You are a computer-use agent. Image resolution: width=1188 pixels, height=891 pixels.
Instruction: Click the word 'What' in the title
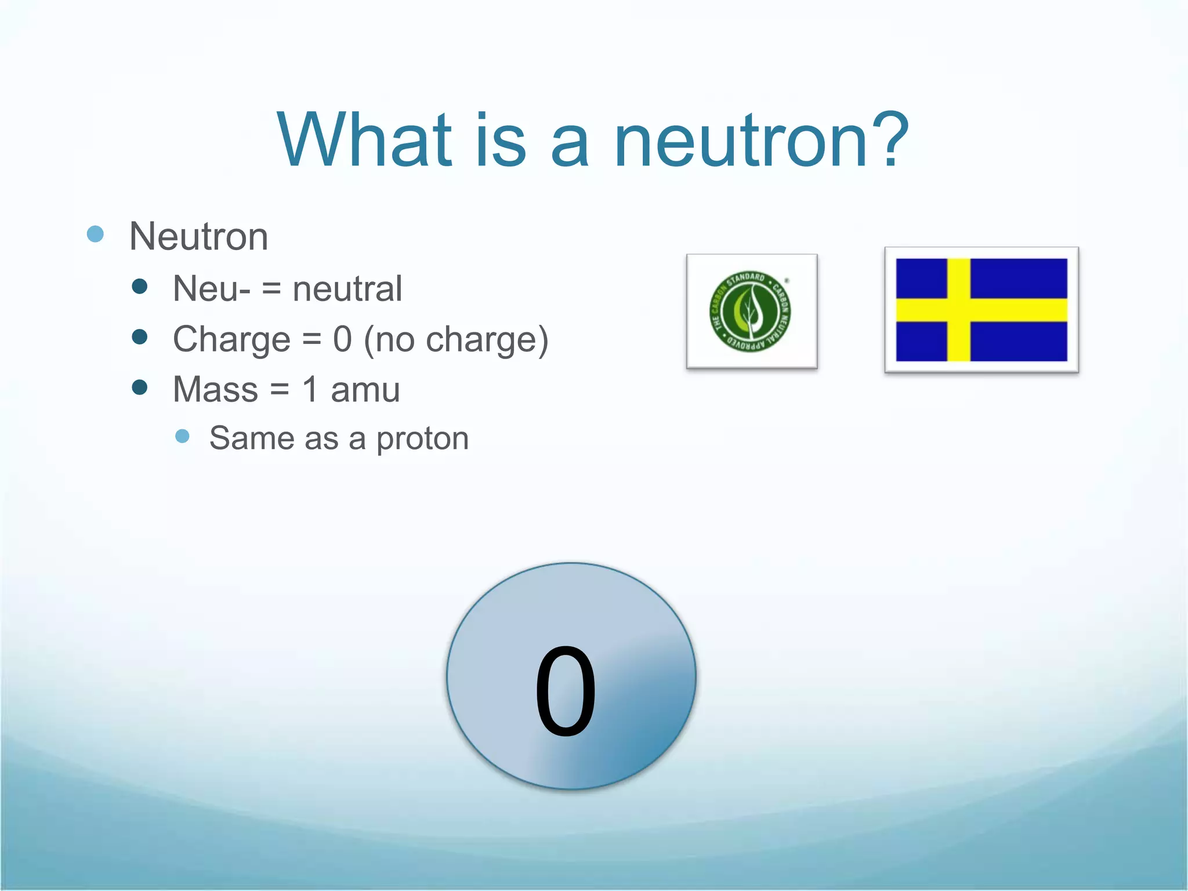(x=364, y=140)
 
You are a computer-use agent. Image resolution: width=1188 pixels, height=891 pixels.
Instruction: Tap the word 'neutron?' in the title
(x=760, y=140)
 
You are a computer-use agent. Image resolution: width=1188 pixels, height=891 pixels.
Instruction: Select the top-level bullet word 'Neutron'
(x=198, y=237)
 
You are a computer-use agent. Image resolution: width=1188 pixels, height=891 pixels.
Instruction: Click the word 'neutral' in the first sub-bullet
(x=347, y=288)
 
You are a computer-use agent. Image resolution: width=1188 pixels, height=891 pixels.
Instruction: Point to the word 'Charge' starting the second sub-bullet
(x=231, y=339)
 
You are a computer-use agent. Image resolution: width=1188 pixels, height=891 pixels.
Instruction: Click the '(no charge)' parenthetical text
(x=456, y=340)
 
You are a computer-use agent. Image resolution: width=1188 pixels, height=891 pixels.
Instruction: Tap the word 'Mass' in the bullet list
(x=215, y=389)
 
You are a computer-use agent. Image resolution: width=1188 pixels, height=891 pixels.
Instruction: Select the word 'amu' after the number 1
(x=365, y=390)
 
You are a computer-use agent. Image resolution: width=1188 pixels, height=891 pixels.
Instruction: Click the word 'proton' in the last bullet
(x=422, y=439)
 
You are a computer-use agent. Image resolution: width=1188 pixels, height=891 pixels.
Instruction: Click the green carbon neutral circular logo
(x=751, y=312)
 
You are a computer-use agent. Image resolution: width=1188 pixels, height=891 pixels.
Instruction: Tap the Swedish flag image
(x=981, y=310)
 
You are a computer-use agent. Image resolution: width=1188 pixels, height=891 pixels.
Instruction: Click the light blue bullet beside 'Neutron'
(x=95, y=234)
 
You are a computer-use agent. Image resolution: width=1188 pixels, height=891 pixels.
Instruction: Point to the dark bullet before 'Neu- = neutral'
(x=140, y=286)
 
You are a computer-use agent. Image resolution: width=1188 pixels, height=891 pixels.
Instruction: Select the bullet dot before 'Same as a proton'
(x=182, y=436)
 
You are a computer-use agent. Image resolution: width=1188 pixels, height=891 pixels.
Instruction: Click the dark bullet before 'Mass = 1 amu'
(x=140, y=387)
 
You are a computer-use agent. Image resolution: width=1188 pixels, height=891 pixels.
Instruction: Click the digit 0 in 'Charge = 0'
(x=342, y=339)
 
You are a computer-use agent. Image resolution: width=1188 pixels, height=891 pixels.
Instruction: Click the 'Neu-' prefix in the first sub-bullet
(x=212, y=288)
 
